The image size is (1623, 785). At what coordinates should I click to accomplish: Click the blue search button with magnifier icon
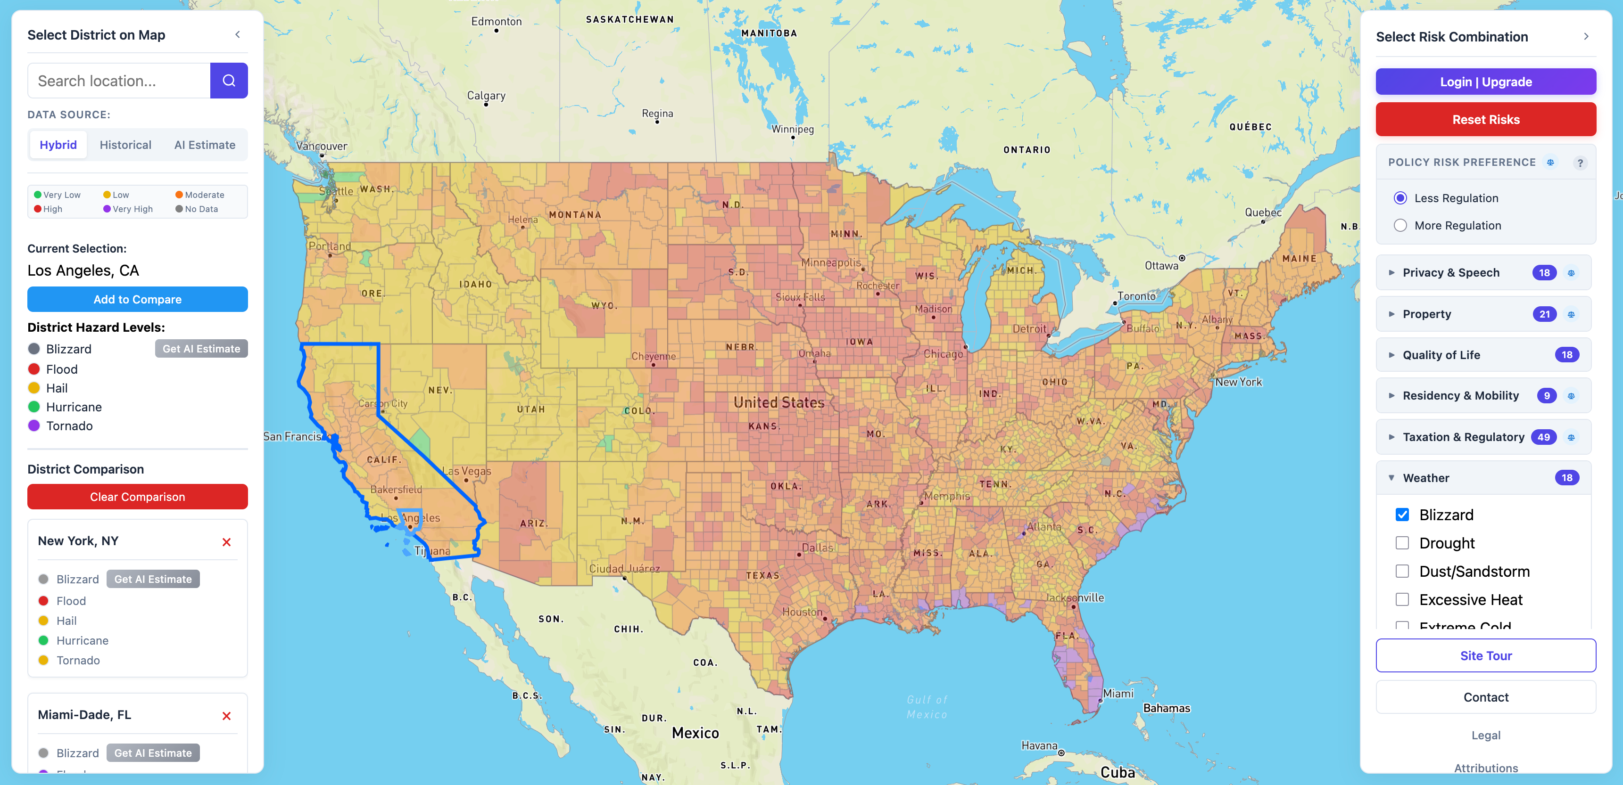[229, 81]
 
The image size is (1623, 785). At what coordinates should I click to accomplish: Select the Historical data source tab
[125, 145]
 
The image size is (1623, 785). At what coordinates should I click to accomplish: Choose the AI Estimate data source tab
[204, 145]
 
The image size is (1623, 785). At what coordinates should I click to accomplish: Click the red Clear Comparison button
[137, 497]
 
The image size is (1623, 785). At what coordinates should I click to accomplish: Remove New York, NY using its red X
[227, 542]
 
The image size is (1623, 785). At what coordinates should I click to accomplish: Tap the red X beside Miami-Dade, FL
[227, 716]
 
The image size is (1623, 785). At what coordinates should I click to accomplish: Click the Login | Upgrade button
[1485, 82]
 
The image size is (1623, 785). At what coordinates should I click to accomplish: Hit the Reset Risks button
[1485, 120]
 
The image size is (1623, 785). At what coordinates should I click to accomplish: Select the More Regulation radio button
[1400, 225]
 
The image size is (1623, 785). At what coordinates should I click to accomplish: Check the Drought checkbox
[1402, 543]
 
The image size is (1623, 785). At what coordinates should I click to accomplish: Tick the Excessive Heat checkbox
[1402, 599]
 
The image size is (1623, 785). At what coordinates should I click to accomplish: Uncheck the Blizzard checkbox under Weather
[1402, 515]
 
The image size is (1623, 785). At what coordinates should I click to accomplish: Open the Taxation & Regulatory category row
[1463, 437]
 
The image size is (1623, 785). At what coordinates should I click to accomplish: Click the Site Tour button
[1485, 655]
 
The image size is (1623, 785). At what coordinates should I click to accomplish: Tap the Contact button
[1485, 697]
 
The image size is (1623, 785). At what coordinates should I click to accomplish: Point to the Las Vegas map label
[466, 471]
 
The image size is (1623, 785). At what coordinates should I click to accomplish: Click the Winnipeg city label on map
[793, 129]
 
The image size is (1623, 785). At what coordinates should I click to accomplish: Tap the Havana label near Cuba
[1039, 745]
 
